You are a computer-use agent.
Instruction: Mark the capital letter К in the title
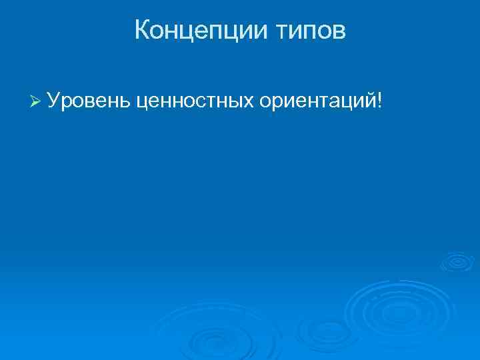pos(142,30)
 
